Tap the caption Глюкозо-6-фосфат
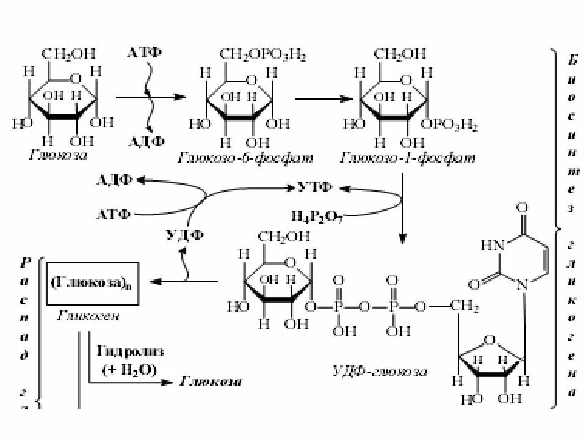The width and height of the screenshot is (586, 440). [245, 159]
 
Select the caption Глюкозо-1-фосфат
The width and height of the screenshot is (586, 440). [408, 159]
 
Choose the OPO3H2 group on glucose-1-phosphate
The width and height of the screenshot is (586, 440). [452, 127]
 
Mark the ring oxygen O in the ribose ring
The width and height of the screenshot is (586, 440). [491, 340]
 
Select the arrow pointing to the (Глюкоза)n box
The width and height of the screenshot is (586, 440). [183, 282]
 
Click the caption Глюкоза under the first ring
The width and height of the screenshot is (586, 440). [58, 155]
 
